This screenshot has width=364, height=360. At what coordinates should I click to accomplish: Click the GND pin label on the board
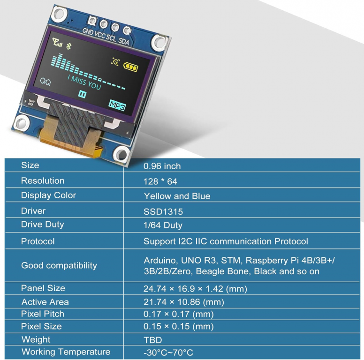(88, 31)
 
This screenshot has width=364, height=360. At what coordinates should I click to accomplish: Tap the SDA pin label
(124, 41)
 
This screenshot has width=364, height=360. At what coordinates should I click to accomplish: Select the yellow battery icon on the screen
(131, 67)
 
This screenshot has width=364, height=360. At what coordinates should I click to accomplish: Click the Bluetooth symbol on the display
(68, 46)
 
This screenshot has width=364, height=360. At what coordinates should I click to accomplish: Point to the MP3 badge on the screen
(117, 105)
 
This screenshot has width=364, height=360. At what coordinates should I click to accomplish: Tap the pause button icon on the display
(82, 94)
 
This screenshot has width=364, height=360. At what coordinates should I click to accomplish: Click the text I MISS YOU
(84, 82)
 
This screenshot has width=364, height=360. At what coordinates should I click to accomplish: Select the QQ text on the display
(45, 82)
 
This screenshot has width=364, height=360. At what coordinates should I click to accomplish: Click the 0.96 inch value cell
(162, 166)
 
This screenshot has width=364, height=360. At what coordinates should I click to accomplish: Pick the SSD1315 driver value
(163, 211)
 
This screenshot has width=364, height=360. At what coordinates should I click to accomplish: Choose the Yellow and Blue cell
(177, 196)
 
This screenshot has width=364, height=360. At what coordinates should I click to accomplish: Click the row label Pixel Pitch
(43, 314)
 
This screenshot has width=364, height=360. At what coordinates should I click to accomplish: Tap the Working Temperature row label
(66, 352)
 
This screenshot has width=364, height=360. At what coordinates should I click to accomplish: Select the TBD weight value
(153, 340)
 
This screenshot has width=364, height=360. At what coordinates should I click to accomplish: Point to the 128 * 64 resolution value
(160, 181)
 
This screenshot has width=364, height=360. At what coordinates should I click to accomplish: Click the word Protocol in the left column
(38, 241)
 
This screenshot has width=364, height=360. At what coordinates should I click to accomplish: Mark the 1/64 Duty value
(163, 225)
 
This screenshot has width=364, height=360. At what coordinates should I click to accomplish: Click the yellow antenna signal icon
(57, 43)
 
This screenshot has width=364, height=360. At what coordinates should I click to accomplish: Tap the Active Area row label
(45, 302)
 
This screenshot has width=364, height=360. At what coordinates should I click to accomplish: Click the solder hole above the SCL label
(115, 27)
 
